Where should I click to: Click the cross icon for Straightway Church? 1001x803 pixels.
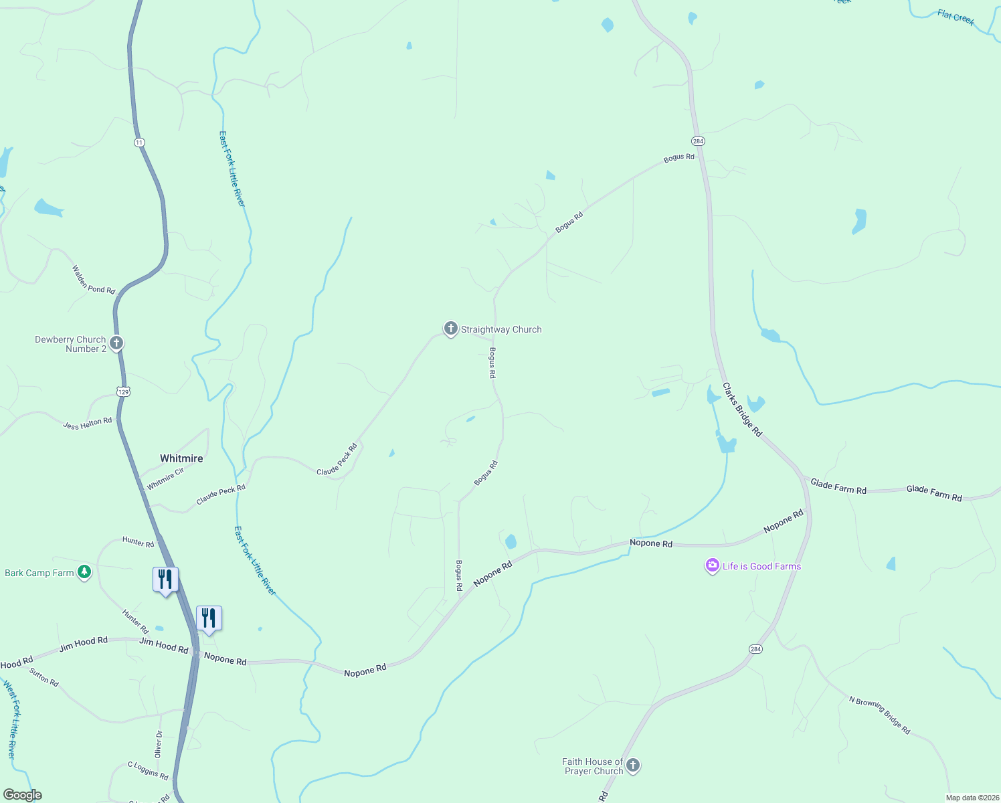click(x=450, y=329)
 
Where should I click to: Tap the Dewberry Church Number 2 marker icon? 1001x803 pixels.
click(x=116, y=344)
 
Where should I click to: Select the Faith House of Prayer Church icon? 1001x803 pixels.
click(x=632, y=766)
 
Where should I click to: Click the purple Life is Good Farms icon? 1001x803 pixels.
click(x=712, y=566)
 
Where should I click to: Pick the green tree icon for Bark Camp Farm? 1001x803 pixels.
click(x=84, y=572)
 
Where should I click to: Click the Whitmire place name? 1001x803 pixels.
click(x=181, y=458)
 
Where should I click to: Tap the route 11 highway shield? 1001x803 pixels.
click(x=139, y=143)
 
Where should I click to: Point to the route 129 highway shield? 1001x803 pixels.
click(x=123, y=391)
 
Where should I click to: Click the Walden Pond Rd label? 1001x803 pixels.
click(x=94, y=280)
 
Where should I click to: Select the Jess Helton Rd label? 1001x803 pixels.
click(x=88, y=424)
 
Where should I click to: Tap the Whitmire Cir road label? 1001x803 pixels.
click(x=165, y=478)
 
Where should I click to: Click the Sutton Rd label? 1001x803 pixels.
click(x=44, y=677)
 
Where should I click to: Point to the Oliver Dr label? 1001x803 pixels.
click(x=159, y=744)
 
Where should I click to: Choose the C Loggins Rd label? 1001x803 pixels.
click(x=148, y=770)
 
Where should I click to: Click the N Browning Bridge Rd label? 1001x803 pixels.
click(x=879, y=715)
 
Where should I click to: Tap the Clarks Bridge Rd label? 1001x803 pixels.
click(x=742, y=410)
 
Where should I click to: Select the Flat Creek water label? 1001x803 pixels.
click(x=955, y=17)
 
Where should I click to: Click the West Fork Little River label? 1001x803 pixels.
click(x=12, y=719)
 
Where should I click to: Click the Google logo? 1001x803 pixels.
click(x=22, y=795)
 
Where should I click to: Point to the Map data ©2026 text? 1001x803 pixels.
click(x=970, y=798)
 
